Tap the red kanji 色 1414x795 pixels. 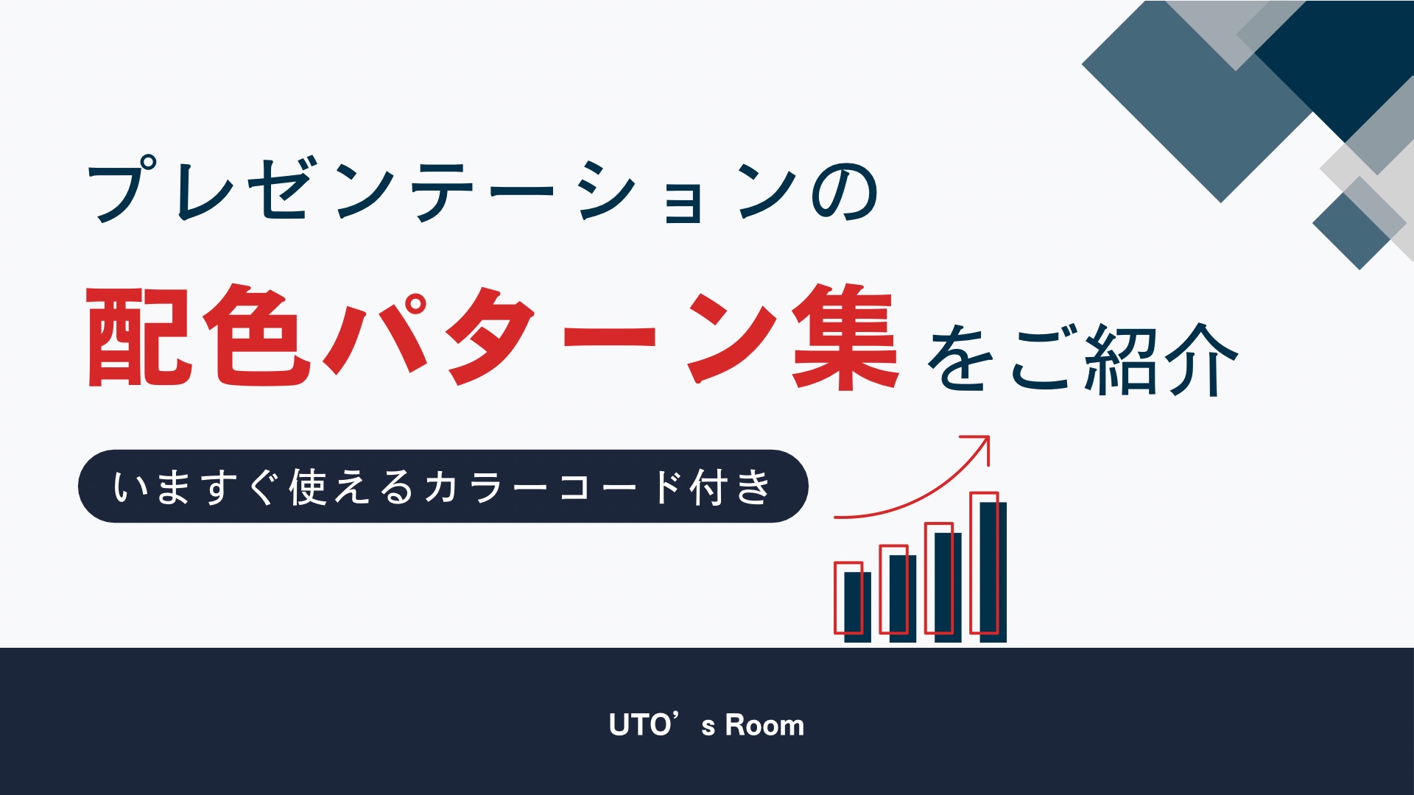click(257, 336)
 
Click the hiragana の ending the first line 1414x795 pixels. click(844, 193)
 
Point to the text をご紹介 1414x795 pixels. click(1082, 359)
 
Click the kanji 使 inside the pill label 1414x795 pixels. click(308, 487)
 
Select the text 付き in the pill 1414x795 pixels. click(730, 487)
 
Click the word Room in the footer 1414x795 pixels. click(764, 726)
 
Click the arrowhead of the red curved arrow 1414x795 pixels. click(982, 443)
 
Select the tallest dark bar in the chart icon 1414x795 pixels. click(993, 572)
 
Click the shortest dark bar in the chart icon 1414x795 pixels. click(857, 607)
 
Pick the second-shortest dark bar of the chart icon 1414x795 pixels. click(903, 598)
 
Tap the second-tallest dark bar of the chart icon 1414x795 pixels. click(948, 587)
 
